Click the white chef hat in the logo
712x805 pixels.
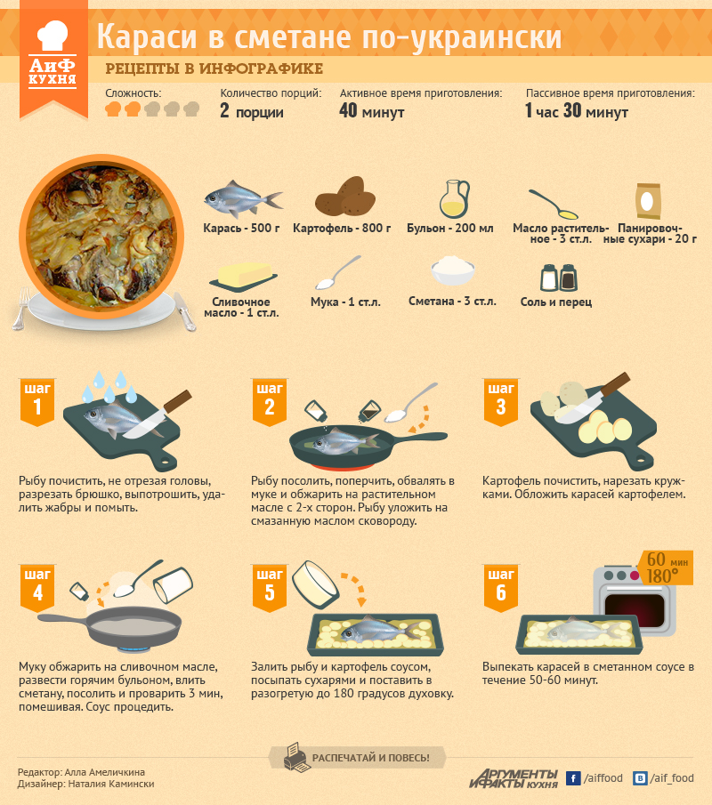pos(53,36)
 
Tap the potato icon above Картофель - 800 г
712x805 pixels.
pos(345,197)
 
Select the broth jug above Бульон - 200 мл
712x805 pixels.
pos(454,198)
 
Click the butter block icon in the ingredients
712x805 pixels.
pos(244,278)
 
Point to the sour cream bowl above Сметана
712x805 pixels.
pos(453,270)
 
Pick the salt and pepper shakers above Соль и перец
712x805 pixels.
pos(559,278)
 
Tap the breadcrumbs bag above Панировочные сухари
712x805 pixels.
pos(647,201)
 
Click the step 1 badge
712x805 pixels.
pos(37,402)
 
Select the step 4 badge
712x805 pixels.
pos(37,588)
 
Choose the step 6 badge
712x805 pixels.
pos(501,588)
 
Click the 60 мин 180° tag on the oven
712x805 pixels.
pos(666,568)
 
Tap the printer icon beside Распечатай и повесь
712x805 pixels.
pos(297,757)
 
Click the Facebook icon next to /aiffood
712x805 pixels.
pos(573,778)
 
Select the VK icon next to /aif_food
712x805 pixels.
pos(640,778)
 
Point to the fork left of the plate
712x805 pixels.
pos(21,308)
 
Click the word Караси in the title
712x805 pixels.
pos(147,37)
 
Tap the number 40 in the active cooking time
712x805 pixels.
pos(348,110)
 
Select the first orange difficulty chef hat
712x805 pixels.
pos(113,109)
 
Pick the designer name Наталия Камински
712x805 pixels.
pos(111,784)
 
